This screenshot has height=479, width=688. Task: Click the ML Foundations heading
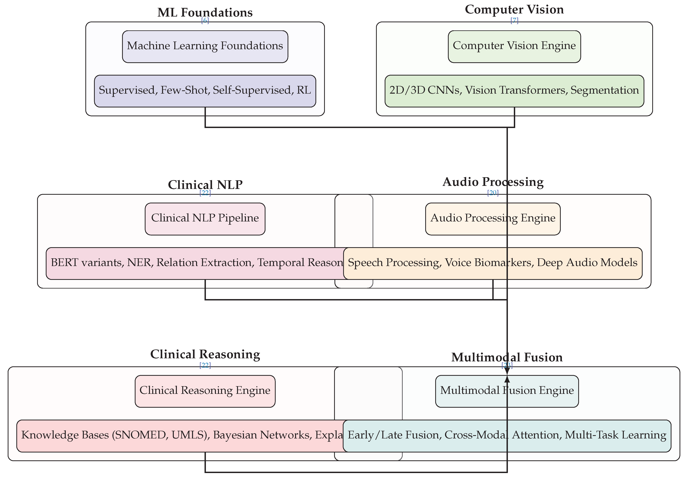pyautogui.click(x=205, y=12)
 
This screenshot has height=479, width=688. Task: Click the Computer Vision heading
pyautogui.click(x=514, y=10)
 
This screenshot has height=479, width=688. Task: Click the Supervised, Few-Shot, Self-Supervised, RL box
pyautogui.click(x=205, y=91)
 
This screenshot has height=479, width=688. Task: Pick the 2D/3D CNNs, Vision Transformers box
pyautogui.click(x=514, y=91)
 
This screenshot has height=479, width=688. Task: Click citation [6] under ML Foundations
pyautogui.click(x=205, y=20)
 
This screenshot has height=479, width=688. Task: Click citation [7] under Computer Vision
pyautogui.click(x=514, y=20)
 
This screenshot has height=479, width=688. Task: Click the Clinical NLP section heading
pyautogui.click(x=205, y=185)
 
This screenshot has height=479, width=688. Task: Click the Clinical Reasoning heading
pyautogui.click(x=205, y=354)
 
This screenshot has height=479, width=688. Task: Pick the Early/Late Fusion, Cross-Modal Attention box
pyautogui.click(x=507, y=435)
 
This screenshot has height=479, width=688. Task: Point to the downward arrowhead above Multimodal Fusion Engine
pyautogui.click(x=507, y=372)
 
